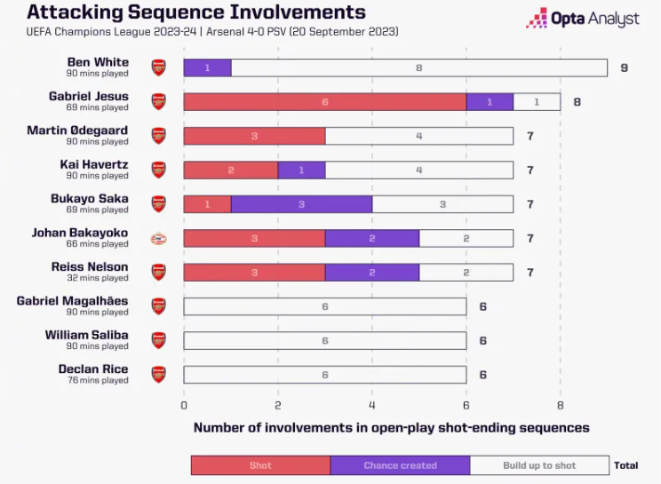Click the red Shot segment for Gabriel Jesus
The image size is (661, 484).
click(x=325, y=102)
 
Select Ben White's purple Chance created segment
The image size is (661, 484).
click(x=207, y=67)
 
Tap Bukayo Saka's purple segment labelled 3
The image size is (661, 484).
click(x=301, y=204)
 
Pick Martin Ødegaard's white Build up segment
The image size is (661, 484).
click(x=419, y=136)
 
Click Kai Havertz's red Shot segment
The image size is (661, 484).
click(x=231, y=171)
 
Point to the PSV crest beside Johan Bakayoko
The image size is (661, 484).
click(x=158, y=239)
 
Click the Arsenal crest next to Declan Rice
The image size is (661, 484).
click(x=158, y=375)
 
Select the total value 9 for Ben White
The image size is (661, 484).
click(x=625, y=67)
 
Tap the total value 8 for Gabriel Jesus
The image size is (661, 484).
click(x=577, y=102)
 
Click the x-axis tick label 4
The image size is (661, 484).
click(x=371, y=405)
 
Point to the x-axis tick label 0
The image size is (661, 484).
click(x=184, y=405)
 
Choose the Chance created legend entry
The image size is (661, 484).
click(x=400, y=465)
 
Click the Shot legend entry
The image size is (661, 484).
click(x=260, y=465)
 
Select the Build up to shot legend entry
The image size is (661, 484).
click(x=539, y=465)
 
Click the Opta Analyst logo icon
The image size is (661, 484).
click(x=537, y=18)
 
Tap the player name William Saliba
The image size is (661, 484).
click(x=86, y=335)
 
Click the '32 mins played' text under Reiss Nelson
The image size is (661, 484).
click(x=98, y=278)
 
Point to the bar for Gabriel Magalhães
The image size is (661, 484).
click(x=325, y=306)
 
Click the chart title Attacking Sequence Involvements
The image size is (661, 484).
click(x=196, y=12)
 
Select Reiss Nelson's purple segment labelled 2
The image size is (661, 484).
click(x=372, y=273)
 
